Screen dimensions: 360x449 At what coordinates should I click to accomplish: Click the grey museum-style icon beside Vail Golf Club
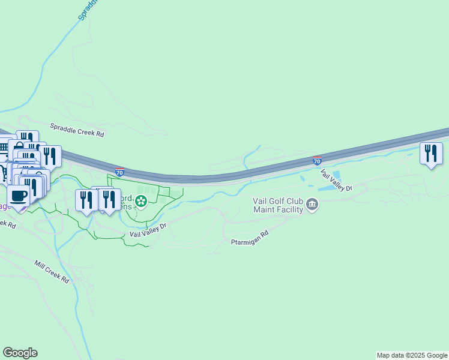(312, 205)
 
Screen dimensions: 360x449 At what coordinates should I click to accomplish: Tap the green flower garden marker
(141, 202)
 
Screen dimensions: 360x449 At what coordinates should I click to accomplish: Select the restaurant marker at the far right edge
(431, 153)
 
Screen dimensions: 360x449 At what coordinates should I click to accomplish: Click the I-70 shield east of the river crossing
(317, 160)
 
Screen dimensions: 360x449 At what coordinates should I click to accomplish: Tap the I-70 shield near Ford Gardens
(120, 172)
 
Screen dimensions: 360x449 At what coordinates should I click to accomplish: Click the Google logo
(20, 353)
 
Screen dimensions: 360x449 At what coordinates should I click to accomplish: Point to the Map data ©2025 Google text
(412, 355)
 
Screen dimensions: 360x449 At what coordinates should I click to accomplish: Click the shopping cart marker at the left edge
(3, 173)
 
